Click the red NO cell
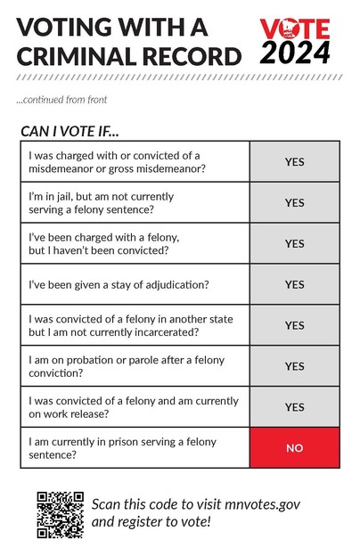pyautogui.click(x=294, y=448)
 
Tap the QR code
pyautogui.click(x=61, y=514)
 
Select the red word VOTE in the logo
pyautogui.click(x=295, y=29)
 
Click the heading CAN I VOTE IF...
pyautogui.click(x=70, y=131)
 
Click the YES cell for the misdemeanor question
pyautogui.click(x=294, y=162)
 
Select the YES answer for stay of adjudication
pyautogui.click(x=294, y=284)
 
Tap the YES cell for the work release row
pyautogui.click(x=294, y=407)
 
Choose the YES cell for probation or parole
pyautogui.click(x=294, y=366)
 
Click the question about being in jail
pyautogui.click(x=102, y=202)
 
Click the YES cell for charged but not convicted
pyautogui.click(x=294, y=243)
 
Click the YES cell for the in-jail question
pyautogui.click(x=294, y=202)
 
